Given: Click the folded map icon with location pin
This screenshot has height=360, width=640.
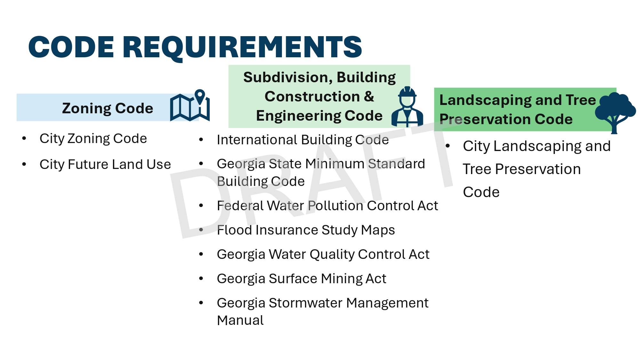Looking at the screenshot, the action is pos(190,105).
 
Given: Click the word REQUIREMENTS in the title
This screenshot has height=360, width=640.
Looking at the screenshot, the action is pos(242,47).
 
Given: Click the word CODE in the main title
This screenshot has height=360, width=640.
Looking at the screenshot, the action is pos(71,47).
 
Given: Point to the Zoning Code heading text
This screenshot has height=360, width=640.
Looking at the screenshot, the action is pos(108,108).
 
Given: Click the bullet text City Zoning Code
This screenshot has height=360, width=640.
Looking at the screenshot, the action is pos(93,139).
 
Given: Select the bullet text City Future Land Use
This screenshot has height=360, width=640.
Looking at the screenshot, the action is pos(105,164).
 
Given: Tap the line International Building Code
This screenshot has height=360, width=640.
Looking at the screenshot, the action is pos(303,140).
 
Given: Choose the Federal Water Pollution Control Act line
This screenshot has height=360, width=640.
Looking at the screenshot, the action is pos(327,206).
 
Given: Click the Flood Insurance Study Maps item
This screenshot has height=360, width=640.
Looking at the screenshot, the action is pos(306,230).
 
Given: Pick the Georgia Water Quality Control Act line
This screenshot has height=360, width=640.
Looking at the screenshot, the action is pos(323,254).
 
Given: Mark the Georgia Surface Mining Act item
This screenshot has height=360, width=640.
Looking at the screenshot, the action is pos(301,279).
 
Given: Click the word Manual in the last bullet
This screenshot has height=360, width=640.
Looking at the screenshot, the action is pos(240,320).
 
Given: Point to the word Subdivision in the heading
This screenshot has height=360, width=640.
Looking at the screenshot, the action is pos(288,77).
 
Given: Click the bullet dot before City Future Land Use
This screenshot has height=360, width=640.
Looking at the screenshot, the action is pos(24,164).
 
